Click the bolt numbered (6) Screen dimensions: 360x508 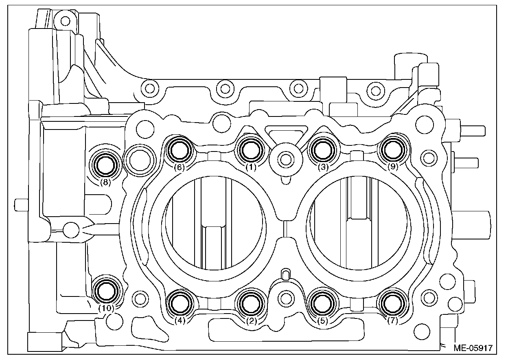point(180,150)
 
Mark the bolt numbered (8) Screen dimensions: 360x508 point(105,165)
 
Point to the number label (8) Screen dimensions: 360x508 point(105,182)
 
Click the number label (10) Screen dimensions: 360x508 point(105,308)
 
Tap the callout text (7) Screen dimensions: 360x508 point(392,320)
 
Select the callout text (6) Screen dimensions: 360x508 point(180,167)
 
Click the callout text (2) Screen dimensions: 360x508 point(251,320)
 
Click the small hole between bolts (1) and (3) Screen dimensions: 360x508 point(286,158)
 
